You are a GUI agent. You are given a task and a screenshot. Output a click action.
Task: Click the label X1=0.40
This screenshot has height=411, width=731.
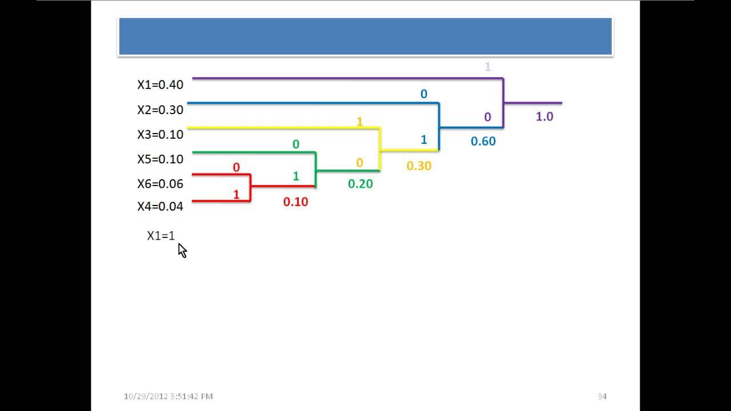pyautogui.click(x=160, y=85)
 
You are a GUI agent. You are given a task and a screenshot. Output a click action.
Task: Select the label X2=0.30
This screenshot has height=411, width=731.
pyautogui.click(x=160, y=110)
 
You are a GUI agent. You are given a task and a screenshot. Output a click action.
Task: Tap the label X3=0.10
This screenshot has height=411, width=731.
pyautogui.click(x=160, y=134)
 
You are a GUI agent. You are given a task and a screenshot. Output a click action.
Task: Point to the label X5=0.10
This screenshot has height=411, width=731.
pyautogui.click(x=160, y=159)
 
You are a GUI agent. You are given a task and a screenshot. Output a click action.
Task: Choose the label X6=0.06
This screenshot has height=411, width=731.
pyautogui.click(x=160, y=183)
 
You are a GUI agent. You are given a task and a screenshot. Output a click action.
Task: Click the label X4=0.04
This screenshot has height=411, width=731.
pyautogui.click(x=160, y=206)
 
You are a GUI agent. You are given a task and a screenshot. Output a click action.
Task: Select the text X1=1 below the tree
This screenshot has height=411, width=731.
pyautogui.click(x=161, y=235)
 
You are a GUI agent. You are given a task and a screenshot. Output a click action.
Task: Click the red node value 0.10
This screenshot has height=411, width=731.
pyautogui.click(x=295, y=202)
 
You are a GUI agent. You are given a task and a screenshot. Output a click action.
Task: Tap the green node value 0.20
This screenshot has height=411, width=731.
pyautogui.click(x=360, y=184)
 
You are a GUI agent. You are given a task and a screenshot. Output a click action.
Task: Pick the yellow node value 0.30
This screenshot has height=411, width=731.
pyautogui.click(x=419, y=166)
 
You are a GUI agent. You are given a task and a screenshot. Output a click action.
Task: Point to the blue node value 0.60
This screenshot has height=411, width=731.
pyautogui.click(x=483, y=141)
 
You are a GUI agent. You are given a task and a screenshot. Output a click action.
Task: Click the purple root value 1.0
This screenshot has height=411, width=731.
pyautogui.click(x=544, y=116)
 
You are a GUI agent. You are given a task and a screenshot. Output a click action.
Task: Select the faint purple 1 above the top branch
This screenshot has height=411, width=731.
pyautogui.click(x=487, y=67)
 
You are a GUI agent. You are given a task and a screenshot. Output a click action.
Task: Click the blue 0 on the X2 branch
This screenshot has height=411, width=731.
pyautogui.click(x=423, y=94)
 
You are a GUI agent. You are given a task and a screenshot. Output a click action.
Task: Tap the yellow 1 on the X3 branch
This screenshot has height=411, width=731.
pyautogui.click(x=359, y=122)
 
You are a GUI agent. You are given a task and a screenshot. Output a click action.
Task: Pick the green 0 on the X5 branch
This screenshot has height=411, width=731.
pyautogui.click(x=295, y=144)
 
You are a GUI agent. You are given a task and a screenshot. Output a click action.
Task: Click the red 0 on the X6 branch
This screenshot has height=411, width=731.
pyautogui.click(x=236, y=167)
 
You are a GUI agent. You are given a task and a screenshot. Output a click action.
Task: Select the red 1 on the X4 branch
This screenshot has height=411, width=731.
pyautogui.click(x=236, y=195)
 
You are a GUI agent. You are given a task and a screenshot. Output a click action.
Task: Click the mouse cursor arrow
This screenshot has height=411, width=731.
pyautogui.click(x=182, y=250)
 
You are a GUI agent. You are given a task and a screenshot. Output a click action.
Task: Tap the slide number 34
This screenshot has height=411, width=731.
pyautogui.click(x=602, y=396)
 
